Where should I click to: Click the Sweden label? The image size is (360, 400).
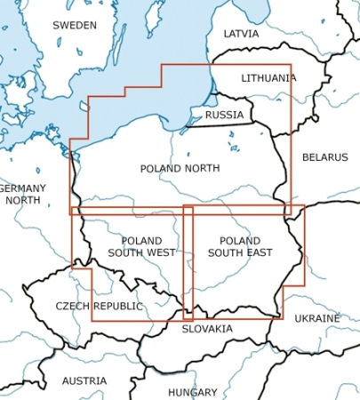coord(74,26)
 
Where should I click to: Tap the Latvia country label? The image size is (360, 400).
coord(241,34)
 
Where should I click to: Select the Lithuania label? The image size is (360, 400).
coord(268,78)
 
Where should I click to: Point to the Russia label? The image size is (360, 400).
coord(224,115)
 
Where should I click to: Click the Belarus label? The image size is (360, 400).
coord(324,157)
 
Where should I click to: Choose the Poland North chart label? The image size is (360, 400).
coord(180,168)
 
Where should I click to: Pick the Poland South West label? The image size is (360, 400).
coord(141,247)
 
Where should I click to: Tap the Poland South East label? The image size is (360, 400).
coord(240,247)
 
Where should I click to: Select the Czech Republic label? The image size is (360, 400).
coord(99,306)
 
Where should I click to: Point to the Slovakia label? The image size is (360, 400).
coord(207,329)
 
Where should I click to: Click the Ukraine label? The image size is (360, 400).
coord(316,318)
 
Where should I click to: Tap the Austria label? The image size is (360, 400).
coord(84,381)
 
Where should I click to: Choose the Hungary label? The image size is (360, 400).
coord(192,392)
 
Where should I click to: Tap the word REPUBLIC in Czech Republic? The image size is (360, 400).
coord(116,306)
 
